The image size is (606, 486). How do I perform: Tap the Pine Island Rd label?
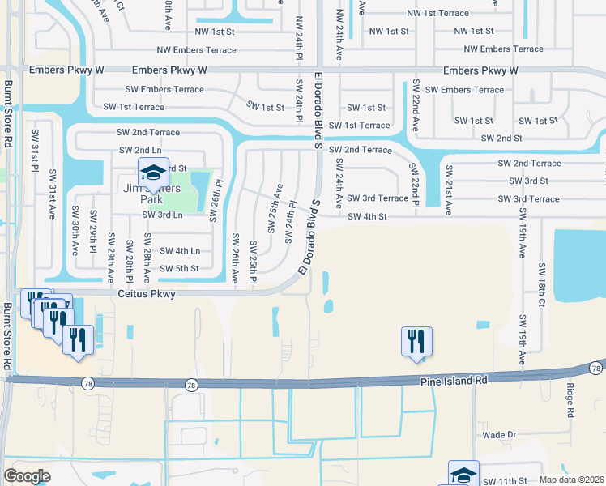[x=453, y=379]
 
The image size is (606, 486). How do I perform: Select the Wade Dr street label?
[x=499, y=435]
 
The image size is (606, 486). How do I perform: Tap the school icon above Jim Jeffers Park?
[x=152, y=172]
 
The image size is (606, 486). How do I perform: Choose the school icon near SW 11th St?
[x=463, y=474]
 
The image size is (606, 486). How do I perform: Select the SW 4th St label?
[x=369, y=216]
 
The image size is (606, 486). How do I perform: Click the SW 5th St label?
[x=179, y=269]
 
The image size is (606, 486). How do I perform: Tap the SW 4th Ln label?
[x=179, y=251]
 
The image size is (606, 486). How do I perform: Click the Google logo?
[x=28, y=475]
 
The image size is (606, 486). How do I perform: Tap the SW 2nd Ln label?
[x=139, y=150]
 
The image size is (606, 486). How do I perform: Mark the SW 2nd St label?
[x=501, y=139]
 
